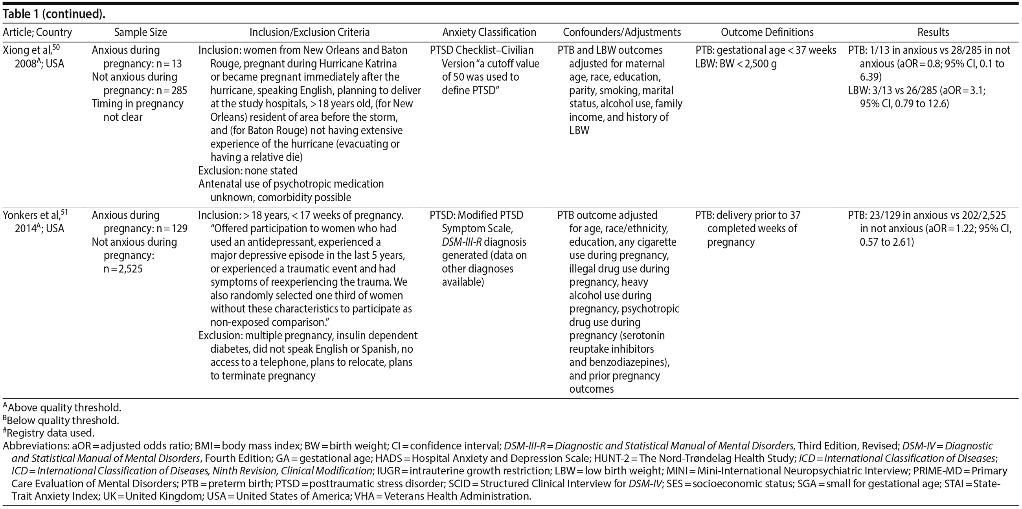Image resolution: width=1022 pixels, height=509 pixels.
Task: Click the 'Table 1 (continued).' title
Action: coord(54,14)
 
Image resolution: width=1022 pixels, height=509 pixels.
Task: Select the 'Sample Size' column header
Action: coord(140,33)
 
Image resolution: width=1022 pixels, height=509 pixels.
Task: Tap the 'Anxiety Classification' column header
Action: coord(489,33)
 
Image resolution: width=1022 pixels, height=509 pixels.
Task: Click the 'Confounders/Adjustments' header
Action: coord(622,33)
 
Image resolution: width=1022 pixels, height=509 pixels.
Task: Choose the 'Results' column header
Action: coord(933,33)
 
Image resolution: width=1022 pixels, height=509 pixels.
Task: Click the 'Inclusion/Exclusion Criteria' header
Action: coord(309,33)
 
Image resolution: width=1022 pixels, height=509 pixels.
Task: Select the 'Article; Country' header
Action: coord(37,33)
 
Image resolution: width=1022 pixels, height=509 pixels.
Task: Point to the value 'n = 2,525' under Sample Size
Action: coord(123,269)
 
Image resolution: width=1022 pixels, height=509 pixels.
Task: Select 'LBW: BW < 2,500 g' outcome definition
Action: coord(736,63)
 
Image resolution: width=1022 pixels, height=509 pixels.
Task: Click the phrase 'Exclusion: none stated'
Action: coord(248,171)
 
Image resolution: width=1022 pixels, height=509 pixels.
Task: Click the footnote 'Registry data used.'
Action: coord(50,433)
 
